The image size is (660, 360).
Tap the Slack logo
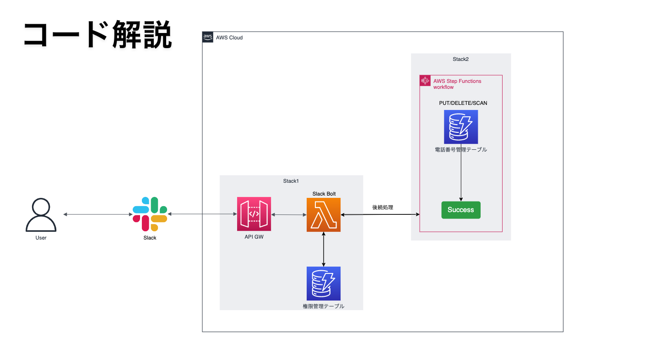[x=150, y=214]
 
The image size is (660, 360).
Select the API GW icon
[x=254, y=214]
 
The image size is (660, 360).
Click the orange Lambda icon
[x=324, y=214]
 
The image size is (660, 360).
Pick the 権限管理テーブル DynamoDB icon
[x=324, y=284]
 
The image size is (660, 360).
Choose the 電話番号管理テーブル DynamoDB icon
[x=460, y=127]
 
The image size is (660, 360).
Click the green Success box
[x=460, y=210]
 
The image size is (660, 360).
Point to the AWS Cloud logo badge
[x=208, y=37]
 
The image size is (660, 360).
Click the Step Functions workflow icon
[x=425, y=81]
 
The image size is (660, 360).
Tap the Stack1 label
[x=291, y=181]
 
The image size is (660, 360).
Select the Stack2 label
[x=460, y=59]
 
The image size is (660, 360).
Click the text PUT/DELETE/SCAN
[x=463, y=103]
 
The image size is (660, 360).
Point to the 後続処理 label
[x=383, y=207]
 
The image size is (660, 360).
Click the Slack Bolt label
[x=324, y=194]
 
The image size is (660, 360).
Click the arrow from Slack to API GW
[x=202, y=214]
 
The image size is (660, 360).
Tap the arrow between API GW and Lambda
[x=289, y=214]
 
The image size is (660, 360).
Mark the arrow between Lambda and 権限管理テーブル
[x=324, y=249]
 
